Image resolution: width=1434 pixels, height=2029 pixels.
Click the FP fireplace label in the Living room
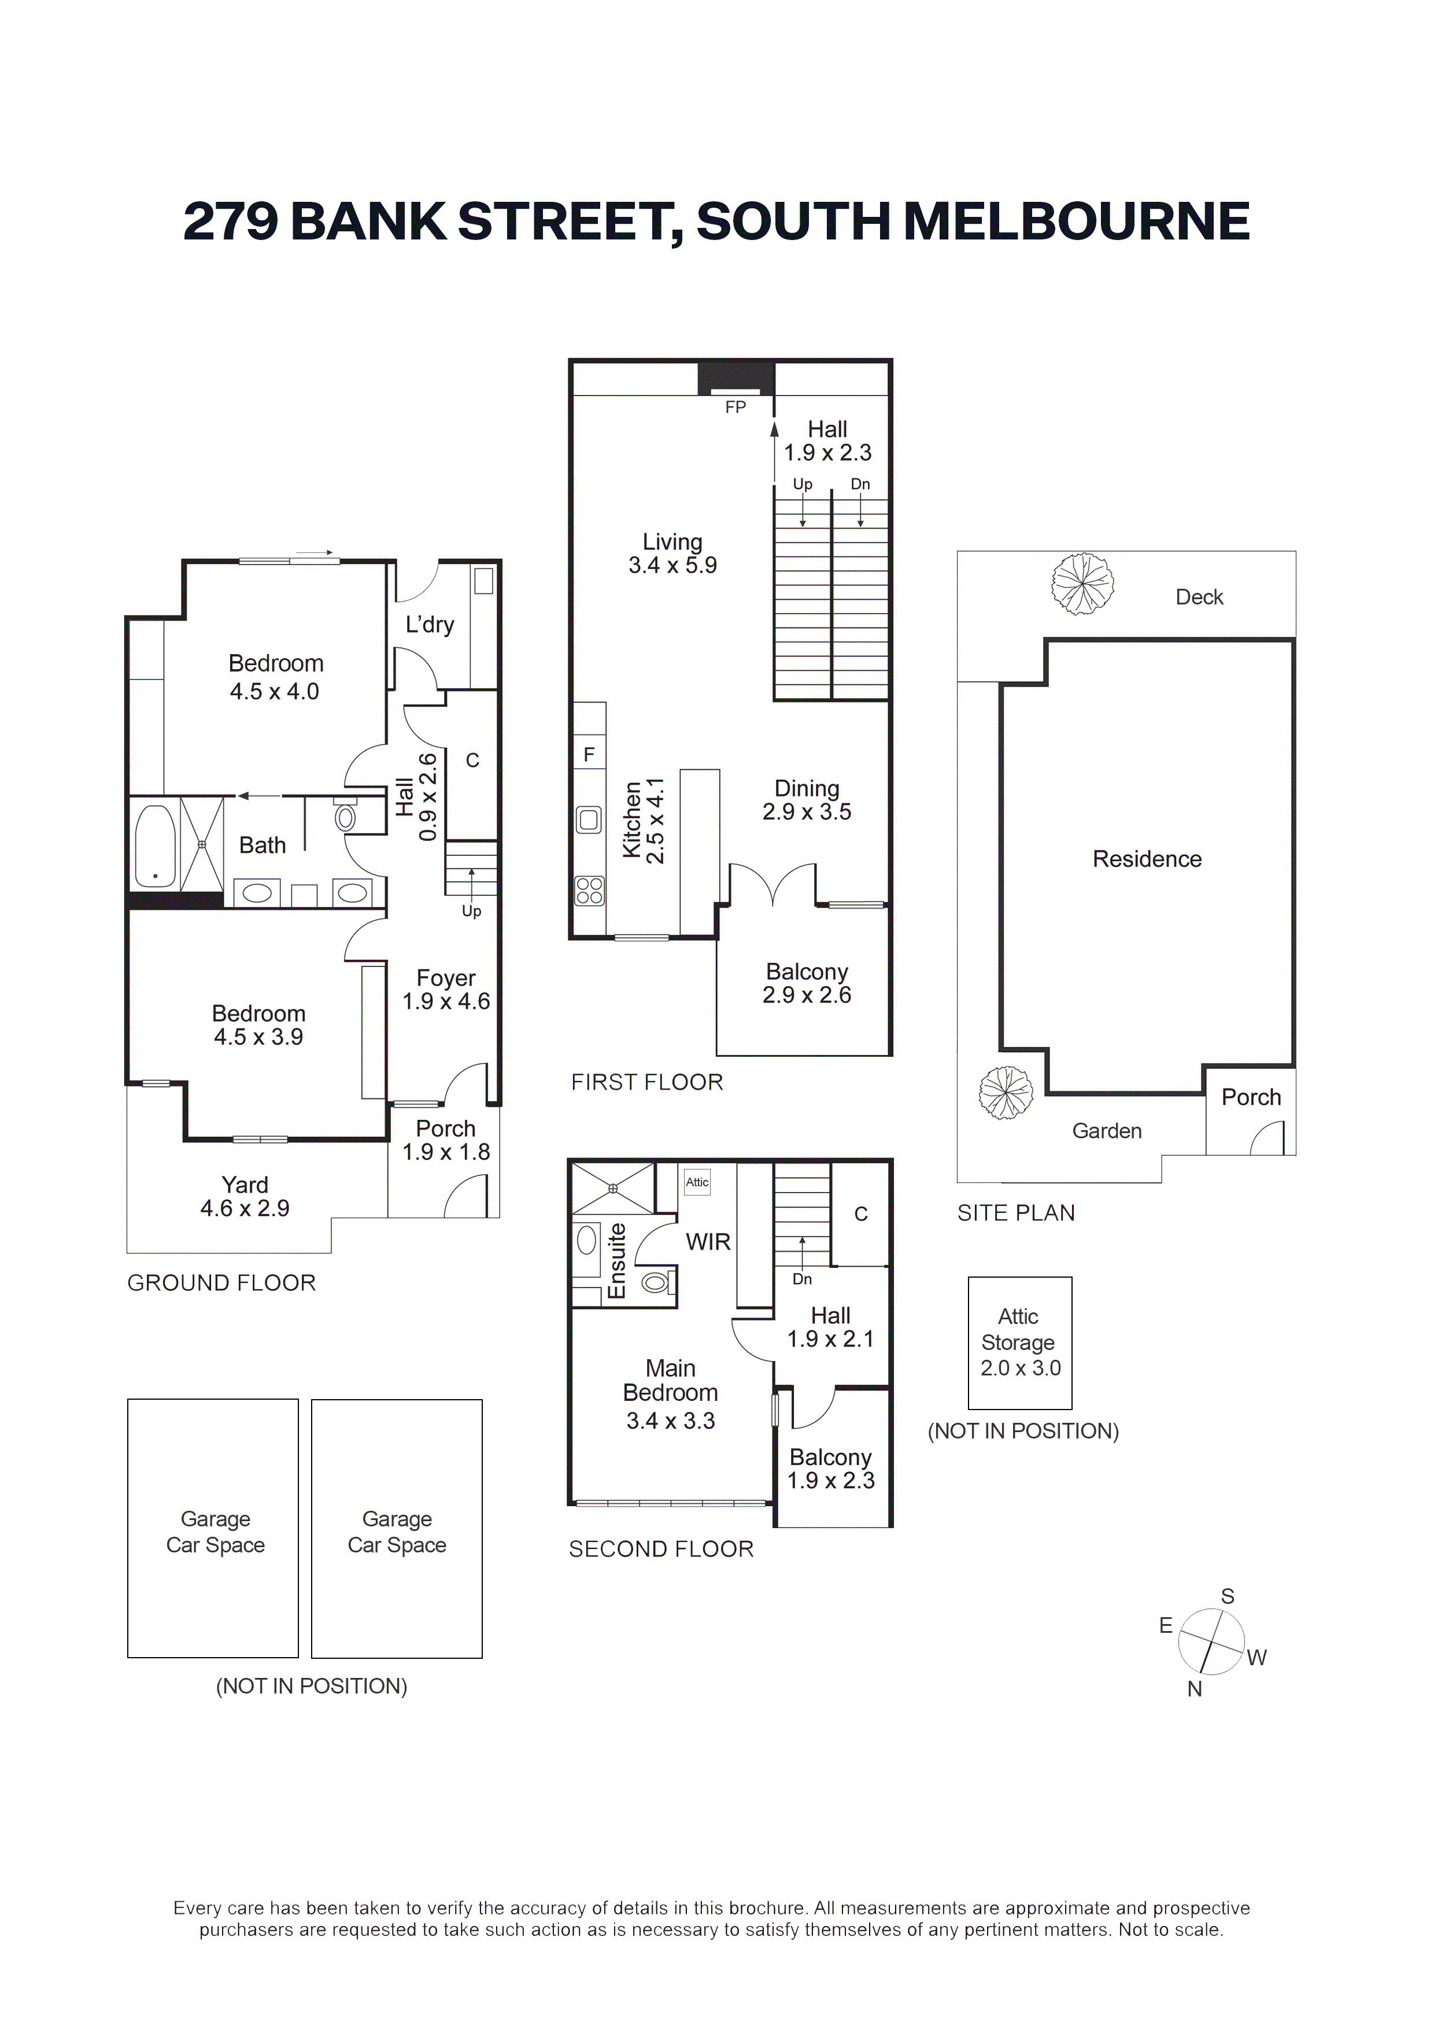(735, 407)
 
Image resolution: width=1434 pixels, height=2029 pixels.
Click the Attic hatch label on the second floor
(697, 1182)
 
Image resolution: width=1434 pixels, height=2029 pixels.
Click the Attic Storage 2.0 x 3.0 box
(1019, 1343)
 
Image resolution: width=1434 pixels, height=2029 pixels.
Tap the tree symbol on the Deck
(1082, 584)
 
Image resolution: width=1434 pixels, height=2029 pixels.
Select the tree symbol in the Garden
(1006, 1093)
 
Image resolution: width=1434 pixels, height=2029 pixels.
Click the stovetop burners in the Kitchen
(589, 891)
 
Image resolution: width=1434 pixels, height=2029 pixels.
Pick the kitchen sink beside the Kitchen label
(589, 820)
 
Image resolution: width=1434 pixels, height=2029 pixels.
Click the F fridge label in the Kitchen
(589, 755)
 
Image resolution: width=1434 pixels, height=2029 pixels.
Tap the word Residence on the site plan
(1147, 859)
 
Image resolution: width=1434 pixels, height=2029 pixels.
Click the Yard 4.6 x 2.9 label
(245, 1197)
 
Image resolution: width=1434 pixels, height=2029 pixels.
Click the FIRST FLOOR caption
(647, 1083)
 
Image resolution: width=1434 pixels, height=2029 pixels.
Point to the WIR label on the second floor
(708, 1242)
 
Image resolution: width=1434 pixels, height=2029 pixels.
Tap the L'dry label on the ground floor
(430, 625)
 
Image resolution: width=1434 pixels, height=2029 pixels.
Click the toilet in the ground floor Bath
(345, 816)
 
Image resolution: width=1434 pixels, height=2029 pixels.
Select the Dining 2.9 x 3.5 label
(807, 800)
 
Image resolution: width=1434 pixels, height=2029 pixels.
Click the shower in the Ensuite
(613, 1189)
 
